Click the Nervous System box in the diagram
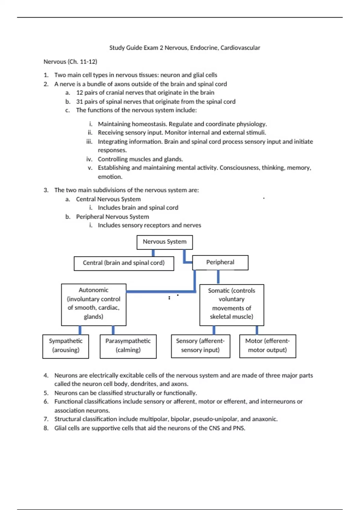[164, 242]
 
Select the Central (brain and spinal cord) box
[124, 263]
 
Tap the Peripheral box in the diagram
[220, 262]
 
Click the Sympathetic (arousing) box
[66, 346]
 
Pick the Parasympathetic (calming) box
[128, 346]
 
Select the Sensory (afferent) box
[200, 346]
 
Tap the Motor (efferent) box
[267, 346]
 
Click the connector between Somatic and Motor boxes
[257, 330]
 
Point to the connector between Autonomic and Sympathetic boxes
[80, 330]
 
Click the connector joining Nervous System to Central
[153, 253]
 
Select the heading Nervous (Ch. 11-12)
[70, 62]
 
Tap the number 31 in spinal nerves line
[79, 102]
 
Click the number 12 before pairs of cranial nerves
[79, 93]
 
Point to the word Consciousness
[239, 168]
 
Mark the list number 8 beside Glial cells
[46, 428]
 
